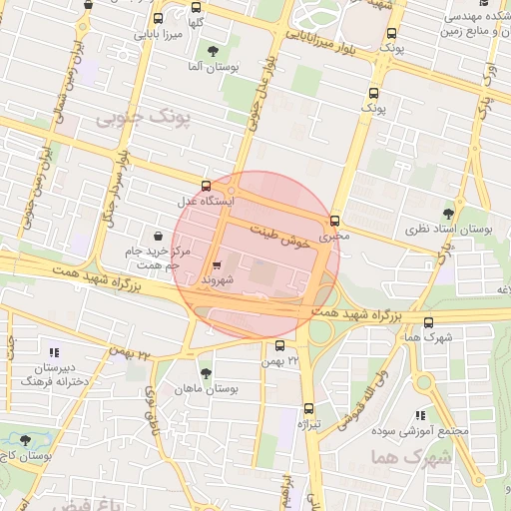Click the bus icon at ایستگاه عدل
click(206, 185)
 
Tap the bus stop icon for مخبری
click(334, 222)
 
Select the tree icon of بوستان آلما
click(212, 50)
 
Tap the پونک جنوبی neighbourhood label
click(137, 118)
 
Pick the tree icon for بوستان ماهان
click(206, 373)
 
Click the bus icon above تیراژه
click(308, 408)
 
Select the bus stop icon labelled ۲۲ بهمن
click(278, 345)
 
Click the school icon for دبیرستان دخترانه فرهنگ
click(53, 352)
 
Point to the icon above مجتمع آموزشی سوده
click(420, 415)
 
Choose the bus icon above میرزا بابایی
click(158, 18)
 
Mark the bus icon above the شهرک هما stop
click(429, 322)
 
